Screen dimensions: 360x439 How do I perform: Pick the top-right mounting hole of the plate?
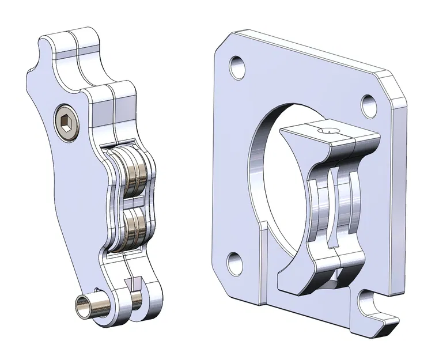click(369, 104)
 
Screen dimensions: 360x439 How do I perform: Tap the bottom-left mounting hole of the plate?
click(234, 263)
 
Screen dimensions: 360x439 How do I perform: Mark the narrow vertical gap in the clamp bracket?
click(335, 207)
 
